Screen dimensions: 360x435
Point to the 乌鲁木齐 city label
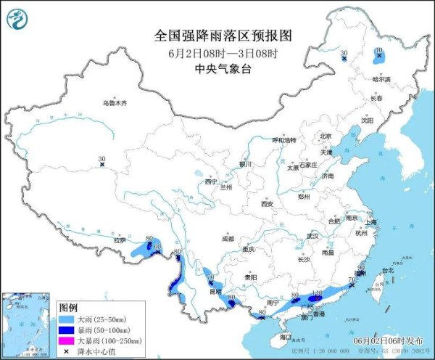pyautogui.click(x=114, y=104)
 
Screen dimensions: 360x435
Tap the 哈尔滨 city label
pyautogui.click(x=381, y=79)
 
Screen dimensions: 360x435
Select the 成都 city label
pyautogui.click(x=228, y=238)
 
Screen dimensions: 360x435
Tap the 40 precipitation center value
pyautogui.click(x=378, y=51)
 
